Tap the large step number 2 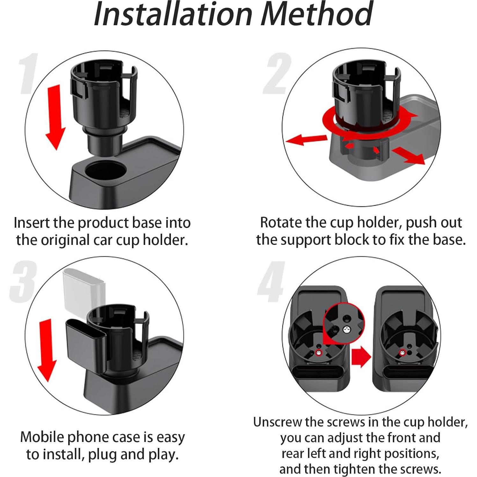tap(277, 74)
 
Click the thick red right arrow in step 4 tap(361, 356)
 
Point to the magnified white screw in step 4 tap(345, 330)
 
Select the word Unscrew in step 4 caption tap(277, 422)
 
